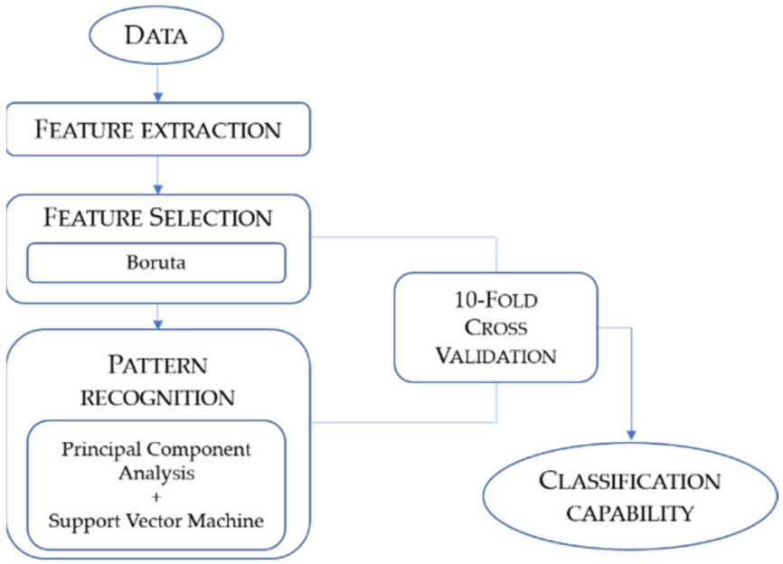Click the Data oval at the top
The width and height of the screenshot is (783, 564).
click(157, 35)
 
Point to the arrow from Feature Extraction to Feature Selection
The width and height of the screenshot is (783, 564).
click(157, 174)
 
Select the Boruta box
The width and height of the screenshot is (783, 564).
click(157, 263)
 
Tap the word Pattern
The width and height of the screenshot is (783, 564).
click(158, 366)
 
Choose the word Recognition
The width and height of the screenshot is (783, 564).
click(158, 397)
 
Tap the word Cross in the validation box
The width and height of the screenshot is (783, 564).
click(495, 328)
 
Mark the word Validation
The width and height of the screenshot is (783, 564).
click(495, 355)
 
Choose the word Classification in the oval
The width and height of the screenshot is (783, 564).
click(630, 481)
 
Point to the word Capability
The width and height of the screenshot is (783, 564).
click(630, 512)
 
